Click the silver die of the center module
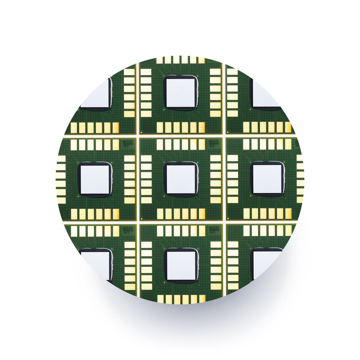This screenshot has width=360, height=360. (x=181, y=179)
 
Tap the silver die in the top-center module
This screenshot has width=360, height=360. (x=181, y=93)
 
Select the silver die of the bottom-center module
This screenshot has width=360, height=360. (x=181, y=265)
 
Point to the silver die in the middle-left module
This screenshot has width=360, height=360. (x=95, y=179)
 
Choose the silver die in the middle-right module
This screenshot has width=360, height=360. (x=267, y=179)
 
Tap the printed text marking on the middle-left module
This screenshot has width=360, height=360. (x=127, y=143)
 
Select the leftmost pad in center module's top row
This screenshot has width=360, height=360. (x=160, y=144)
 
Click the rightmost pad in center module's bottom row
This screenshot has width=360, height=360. (x=202, y=214)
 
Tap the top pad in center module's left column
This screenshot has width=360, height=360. (x=146, y=158)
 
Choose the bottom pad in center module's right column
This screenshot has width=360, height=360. (x=215, y=200)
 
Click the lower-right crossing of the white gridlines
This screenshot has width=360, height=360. (x=224, y=222)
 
